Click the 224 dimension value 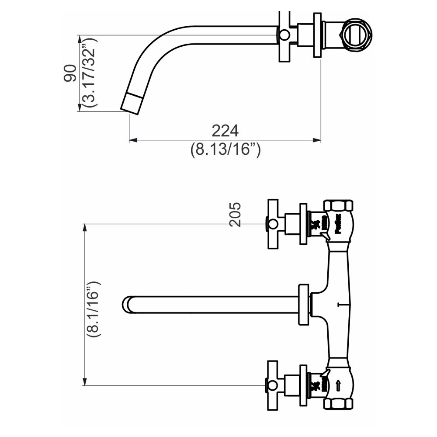point(225,131)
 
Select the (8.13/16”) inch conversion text point(225,150)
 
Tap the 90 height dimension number point(69,73)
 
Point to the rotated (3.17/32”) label point(90,73)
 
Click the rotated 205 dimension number point(235,214)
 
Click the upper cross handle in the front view point(273,224)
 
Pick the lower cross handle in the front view point(273,385)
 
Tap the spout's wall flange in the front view point(303,305)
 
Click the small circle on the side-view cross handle point(284,35)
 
